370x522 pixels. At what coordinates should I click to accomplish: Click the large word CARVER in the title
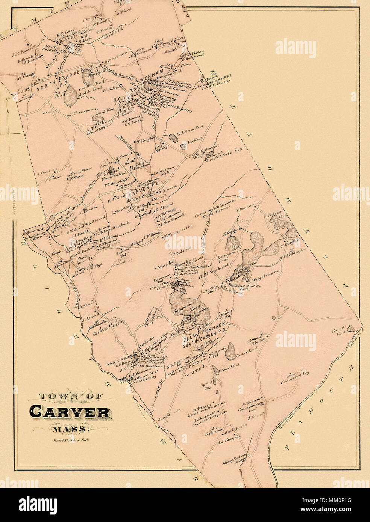pyautogui.click(x=69, y=412)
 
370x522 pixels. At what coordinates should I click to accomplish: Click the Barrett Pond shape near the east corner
pyautogui.click(x=352, y=329)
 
